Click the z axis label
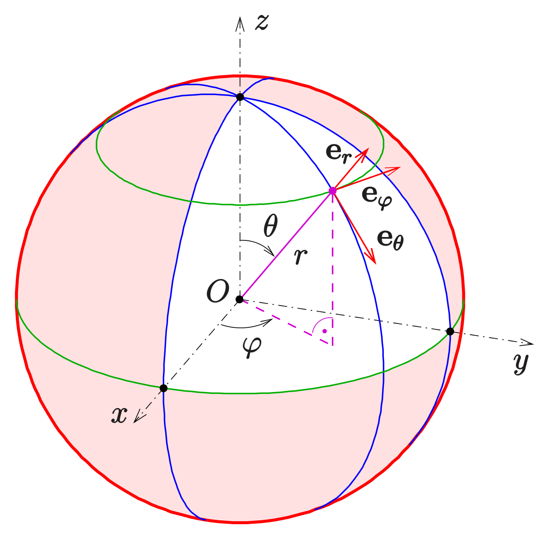(262, 22)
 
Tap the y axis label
(521, 363)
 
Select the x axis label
(119, 415)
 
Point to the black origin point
(240, 299)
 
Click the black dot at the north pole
(240, 97)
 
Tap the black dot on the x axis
(163, 388)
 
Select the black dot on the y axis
(450, 331)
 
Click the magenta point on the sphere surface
(332, 191)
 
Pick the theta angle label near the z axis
(271, 226)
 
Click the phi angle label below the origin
(252, 346)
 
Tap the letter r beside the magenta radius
(301, 256)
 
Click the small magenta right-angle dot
(325, 331)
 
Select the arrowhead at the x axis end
(137, 419)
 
